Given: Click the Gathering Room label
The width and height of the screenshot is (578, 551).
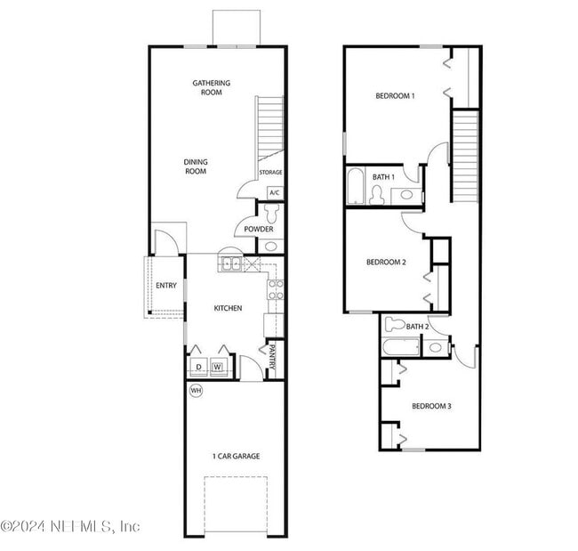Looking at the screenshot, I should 211,87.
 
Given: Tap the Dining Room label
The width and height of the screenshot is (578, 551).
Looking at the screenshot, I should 196,166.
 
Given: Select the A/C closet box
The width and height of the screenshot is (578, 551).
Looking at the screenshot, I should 274,192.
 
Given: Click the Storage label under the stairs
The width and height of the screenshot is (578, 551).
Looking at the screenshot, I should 270,173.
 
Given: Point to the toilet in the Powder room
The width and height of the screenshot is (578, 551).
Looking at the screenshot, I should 272,214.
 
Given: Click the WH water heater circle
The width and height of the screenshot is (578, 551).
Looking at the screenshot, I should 196,390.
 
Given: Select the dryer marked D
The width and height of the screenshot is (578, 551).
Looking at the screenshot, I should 197,365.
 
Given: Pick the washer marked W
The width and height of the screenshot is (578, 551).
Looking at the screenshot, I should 216,365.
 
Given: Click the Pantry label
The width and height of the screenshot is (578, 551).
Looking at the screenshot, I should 272,358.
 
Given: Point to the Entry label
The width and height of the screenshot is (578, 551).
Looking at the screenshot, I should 165,286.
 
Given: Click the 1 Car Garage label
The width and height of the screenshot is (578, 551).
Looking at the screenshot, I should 236,457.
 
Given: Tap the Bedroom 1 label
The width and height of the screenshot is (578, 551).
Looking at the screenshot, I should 395,95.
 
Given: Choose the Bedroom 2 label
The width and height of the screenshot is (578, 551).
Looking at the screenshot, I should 386,262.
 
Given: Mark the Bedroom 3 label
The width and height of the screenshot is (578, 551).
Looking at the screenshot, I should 431,407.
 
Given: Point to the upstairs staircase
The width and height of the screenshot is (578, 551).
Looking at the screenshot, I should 465,156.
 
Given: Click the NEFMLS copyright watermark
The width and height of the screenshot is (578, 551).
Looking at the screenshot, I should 70,526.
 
